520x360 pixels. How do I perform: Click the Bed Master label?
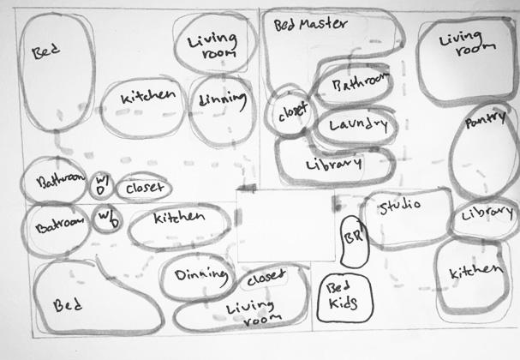coord(310,24)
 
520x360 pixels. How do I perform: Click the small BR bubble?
coord(350,242)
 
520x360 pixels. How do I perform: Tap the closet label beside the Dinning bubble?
coord(266,280)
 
